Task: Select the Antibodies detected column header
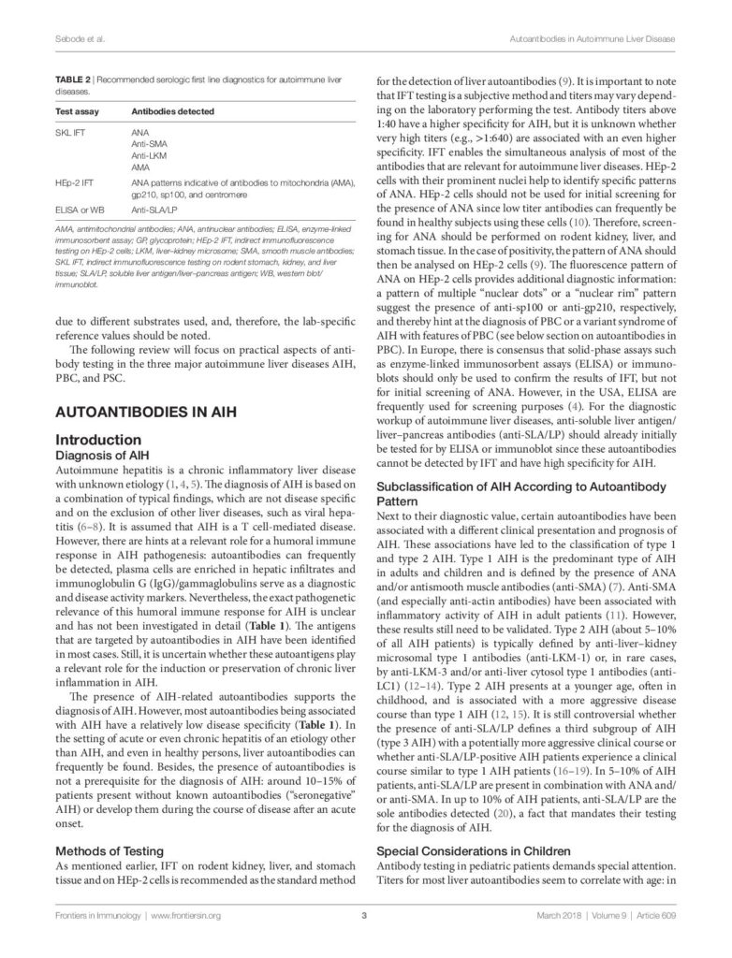point(173,111)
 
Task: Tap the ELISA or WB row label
point(81,212)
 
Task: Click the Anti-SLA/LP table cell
point(157,212)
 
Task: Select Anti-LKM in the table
point(150,156)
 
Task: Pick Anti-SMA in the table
point(151,146)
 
